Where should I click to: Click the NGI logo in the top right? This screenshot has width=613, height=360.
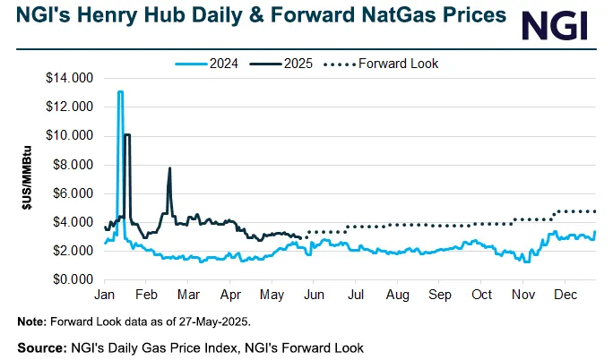[555, 25]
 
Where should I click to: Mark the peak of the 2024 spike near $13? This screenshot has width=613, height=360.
[120, 91]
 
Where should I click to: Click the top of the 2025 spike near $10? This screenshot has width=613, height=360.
[127, 134]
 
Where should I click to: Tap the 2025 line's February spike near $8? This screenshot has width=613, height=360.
[169, 168]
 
